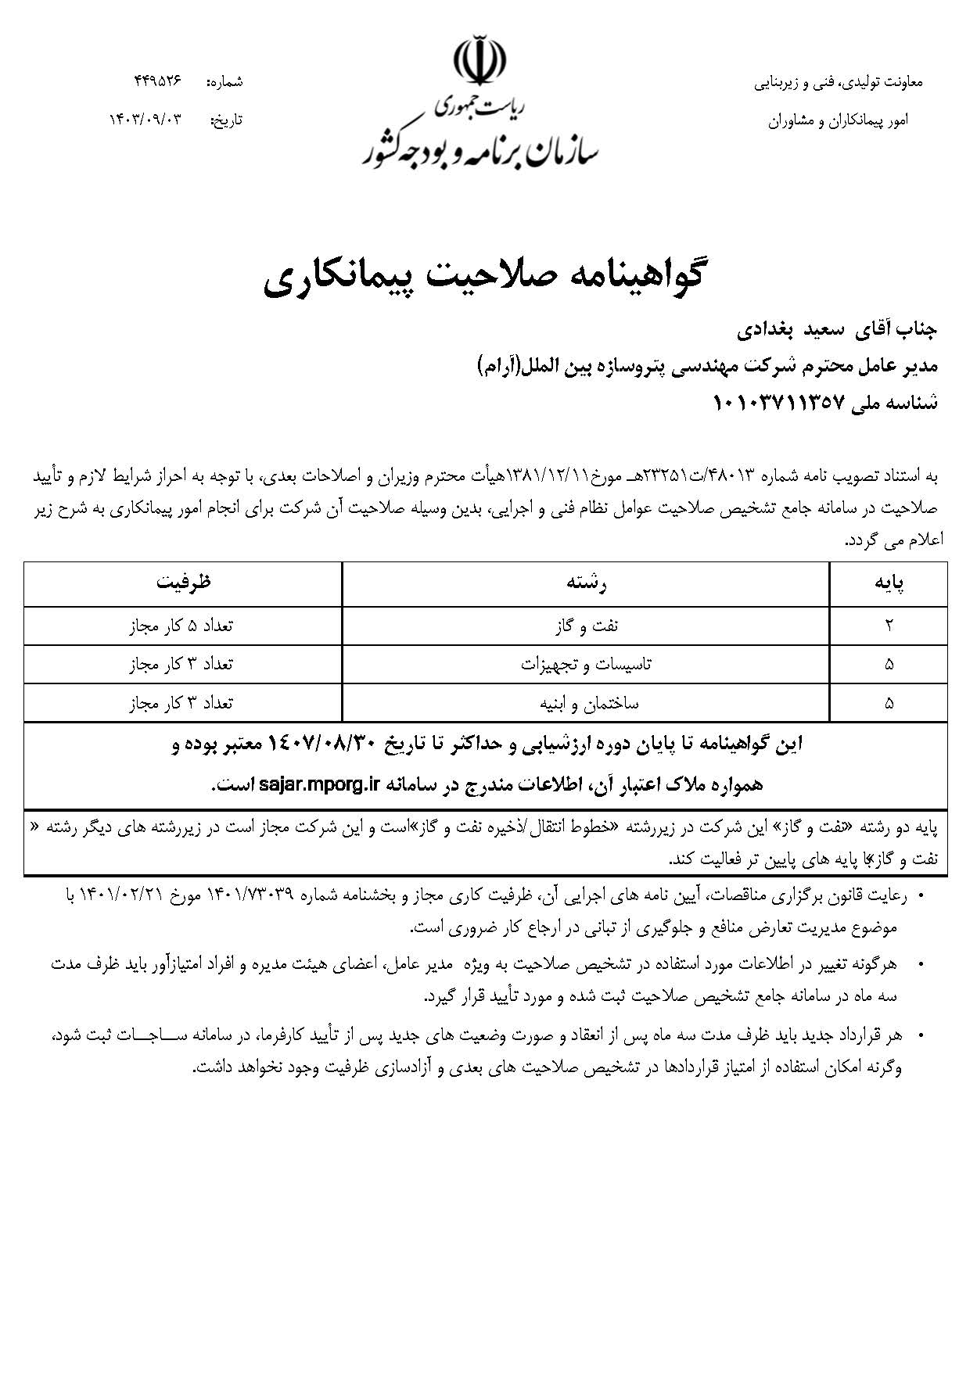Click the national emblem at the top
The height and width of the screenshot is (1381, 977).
pyautogui.click(x=479, y=59)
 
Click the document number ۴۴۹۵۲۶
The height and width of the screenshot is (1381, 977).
pyautogui.click(x=157, y=81)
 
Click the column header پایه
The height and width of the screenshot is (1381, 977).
pyautogui.click(x=888, y=583)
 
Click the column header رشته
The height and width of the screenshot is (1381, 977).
pyautogui.click(x=586, y=583)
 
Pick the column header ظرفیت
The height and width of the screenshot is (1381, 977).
pyautogui.click(x=183, y=583)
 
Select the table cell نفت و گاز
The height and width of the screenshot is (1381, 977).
pyautogui.click(x=586, y=626)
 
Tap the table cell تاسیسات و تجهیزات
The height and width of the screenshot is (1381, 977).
pyautogui.click(x=586, y=665)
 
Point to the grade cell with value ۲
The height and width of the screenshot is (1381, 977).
pyautogui.click(x=889, y=626)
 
